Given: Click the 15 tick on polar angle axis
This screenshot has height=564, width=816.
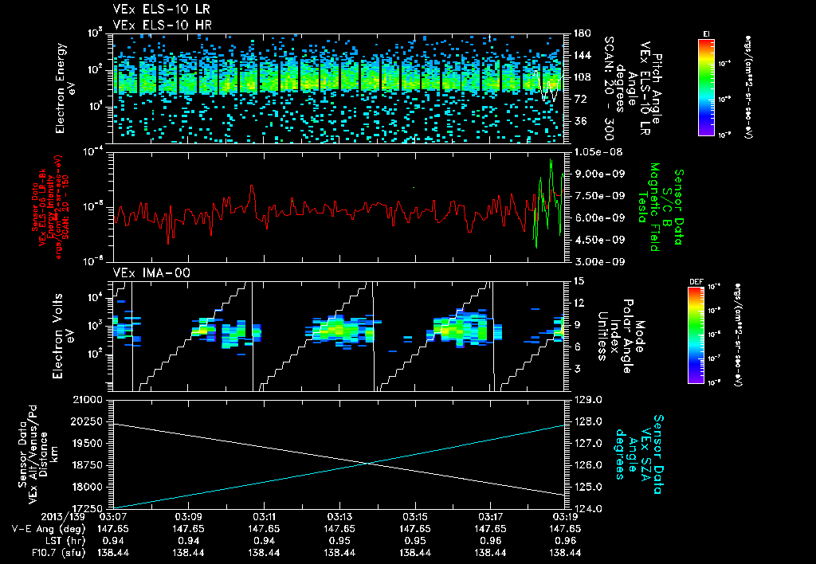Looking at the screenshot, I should (x=576, y=280).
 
